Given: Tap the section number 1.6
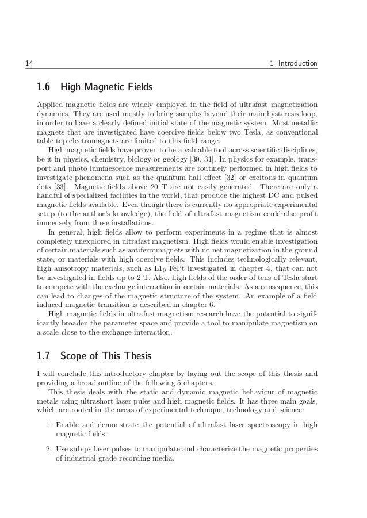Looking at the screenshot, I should [44, 88].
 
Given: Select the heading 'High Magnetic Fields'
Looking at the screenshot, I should [106, 88].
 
